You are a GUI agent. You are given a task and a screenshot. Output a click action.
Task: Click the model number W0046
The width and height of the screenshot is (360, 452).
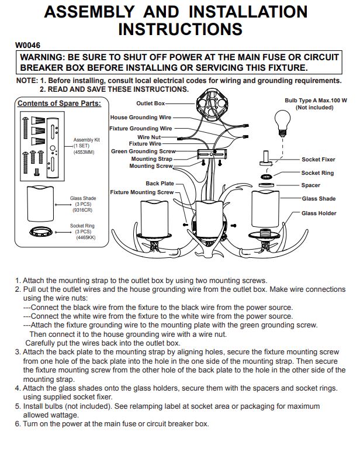(27, 45)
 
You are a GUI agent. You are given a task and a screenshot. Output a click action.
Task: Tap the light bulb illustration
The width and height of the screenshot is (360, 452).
(282, 123)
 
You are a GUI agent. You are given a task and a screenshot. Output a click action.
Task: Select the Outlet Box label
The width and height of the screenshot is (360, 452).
(150, 103)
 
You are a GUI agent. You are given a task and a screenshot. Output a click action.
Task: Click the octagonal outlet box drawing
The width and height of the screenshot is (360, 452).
(212, 105)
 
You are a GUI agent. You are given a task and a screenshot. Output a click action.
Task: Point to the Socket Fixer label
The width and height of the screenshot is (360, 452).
(319, 160)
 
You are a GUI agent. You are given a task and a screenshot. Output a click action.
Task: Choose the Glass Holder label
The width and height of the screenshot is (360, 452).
(319, 213)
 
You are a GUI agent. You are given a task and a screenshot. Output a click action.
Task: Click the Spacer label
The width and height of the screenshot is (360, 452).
(311, 185)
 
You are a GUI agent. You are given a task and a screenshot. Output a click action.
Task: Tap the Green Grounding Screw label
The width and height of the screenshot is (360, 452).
(143, 151)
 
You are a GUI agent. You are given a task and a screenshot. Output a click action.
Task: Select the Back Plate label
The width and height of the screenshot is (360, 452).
(160, 184)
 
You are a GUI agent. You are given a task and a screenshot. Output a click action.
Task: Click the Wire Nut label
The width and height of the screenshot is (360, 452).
(149, 137)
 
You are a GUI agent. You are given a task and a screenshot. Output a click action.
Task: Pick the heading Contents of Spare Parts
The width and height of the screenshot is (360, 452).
(60, 103)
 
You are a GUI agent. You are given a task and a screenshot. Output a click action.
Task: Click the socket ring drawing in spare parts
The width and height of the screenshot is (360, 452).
(41, 231)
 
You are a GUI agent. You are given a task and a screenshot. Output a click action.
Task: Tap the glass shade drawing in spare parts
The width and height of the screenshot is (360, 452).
(40, 204)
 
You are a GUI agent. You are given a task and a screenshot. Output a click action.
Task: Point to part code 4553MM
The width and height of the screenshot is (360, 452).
(84, 152)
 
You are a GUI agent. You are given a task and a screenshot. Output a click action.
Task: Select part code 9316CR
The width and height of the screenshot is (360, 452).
(82, 210)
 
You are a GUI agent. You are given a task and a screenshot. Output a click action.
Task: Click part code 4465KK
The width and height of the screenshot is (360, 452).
(85, 237)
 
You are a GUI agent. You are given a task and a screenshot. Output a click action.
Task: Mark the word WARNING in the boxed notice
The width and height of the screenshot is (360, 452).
(41, 57)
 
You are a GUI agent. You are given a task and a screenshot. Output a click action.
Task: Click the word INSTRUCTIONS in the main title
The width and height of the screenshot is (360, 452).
(180, 29)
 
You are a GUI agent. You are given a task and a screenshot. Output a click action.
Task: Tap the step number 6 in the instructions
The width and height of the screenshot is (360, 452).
(17, 424)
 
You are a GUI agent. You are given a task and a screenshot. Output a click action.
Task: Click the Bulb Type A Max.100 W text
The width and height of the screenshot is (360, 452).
(316, 101)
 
